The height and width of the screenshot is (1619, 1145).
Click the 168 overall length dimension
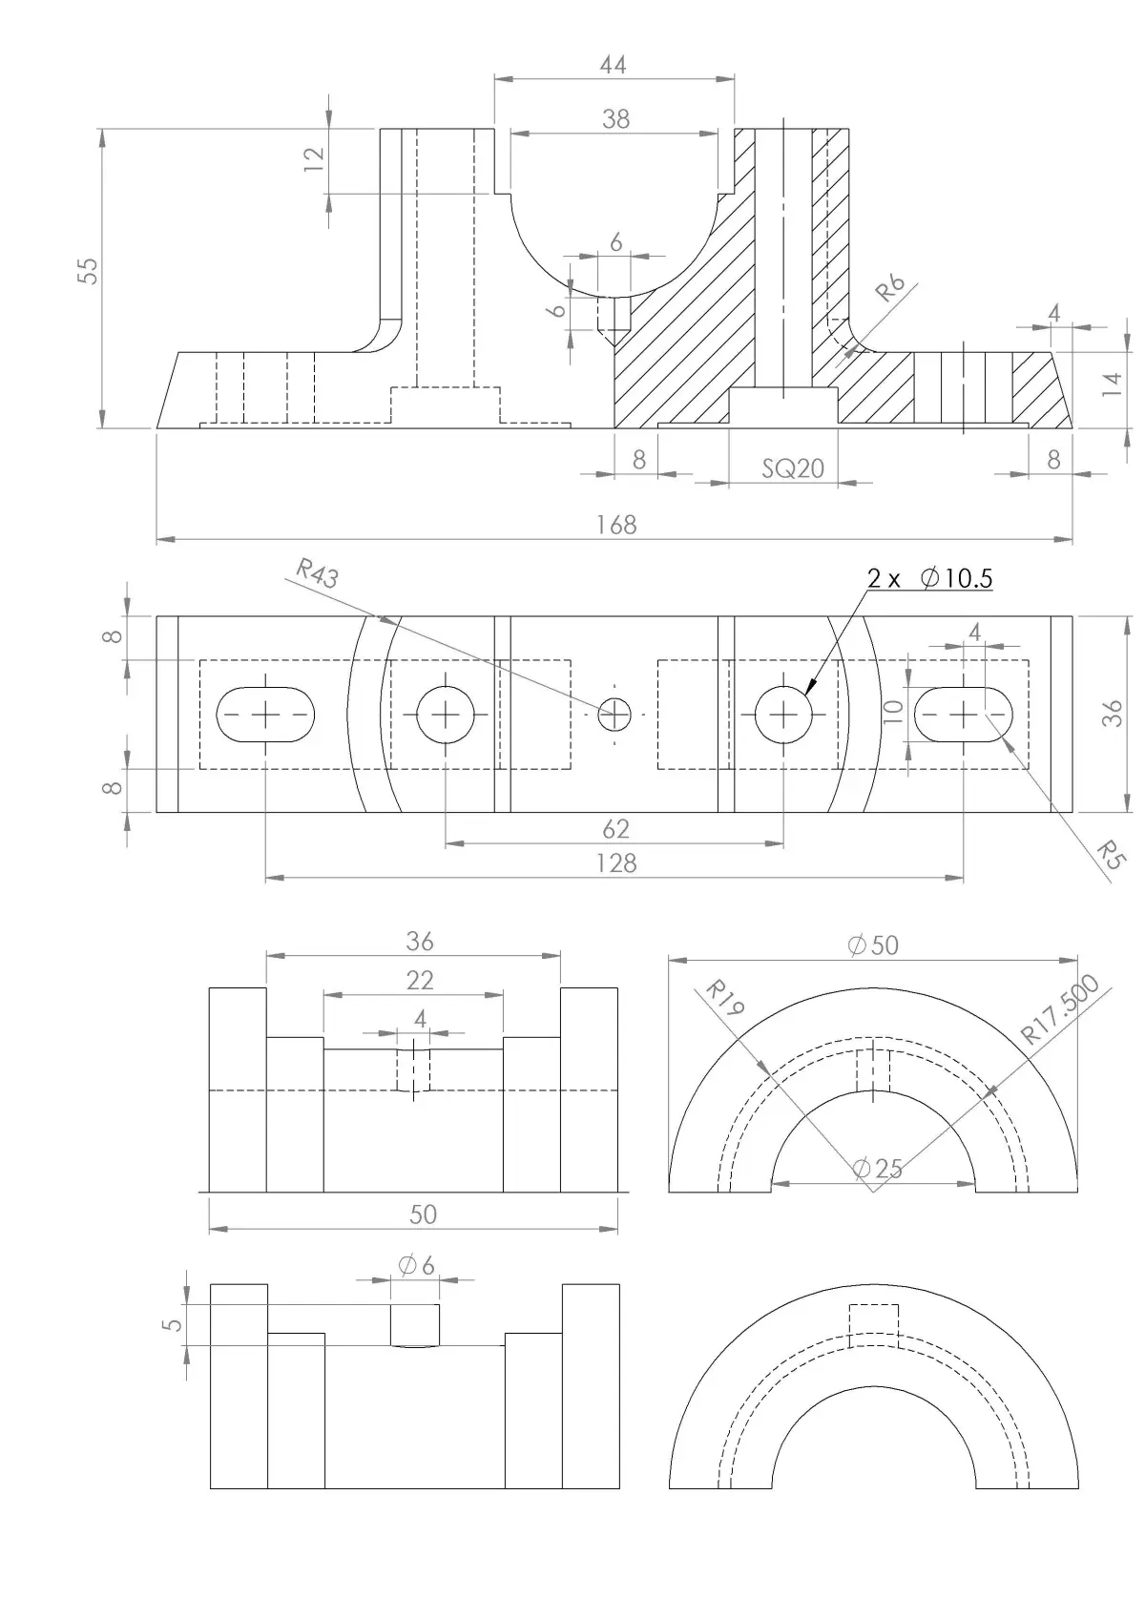click(x=615, y=525)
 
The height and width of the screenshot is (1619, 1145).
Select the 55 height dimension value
click(x=89, y=270)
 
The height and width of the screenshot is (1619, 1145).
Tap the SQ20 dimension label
click(x=793, y=468)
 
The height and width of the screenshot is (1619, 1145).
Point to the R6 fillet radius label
click(x=890, y=286)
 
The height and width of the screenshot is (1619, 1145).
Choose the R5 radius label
click(x=1106, y=855)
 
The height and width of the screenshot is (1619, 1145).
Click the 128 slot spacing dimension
click(x=615, y=862)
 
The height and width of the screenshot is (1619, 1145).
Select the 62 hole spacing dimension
click(x=615, y=827)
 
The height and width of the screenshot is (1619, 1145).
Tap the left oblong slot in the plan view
click(x=266, y=714)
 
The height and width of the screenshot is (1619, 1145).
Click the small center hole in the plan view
click(x=614, y=714)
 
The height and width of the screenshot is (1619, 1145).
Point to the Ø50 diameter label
click(x=873, y=944)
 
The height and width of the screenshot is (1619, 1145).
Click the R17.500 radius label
click(x=1060, y=1009)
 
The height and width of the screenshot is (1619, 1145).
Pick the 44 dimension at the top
click(x=614, y=64)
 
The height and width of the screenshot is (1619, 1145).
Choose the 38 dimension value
click(x=615, y=118)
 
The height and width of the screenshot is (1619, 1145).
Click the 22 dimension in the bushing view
click(x=419, y=979)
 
